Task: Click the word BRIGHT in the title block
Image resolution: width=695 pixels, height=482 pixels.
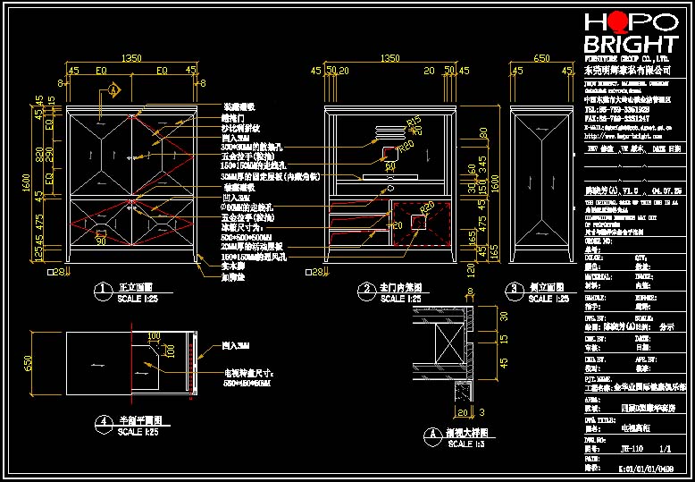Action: coord(630,45)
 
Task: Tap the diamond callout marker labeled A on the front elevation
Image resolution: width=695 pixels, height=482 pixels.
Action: coord(114,89)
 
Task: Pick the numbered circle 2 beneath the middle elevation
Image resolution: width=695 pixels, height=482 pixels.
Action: coord(364,289)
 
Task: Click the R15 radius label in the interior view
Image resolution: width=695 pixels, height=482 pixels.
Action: coord(413,123)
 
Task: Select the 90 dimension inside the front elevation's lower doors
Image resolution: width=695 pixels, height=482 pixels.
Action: coord(101,241)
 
